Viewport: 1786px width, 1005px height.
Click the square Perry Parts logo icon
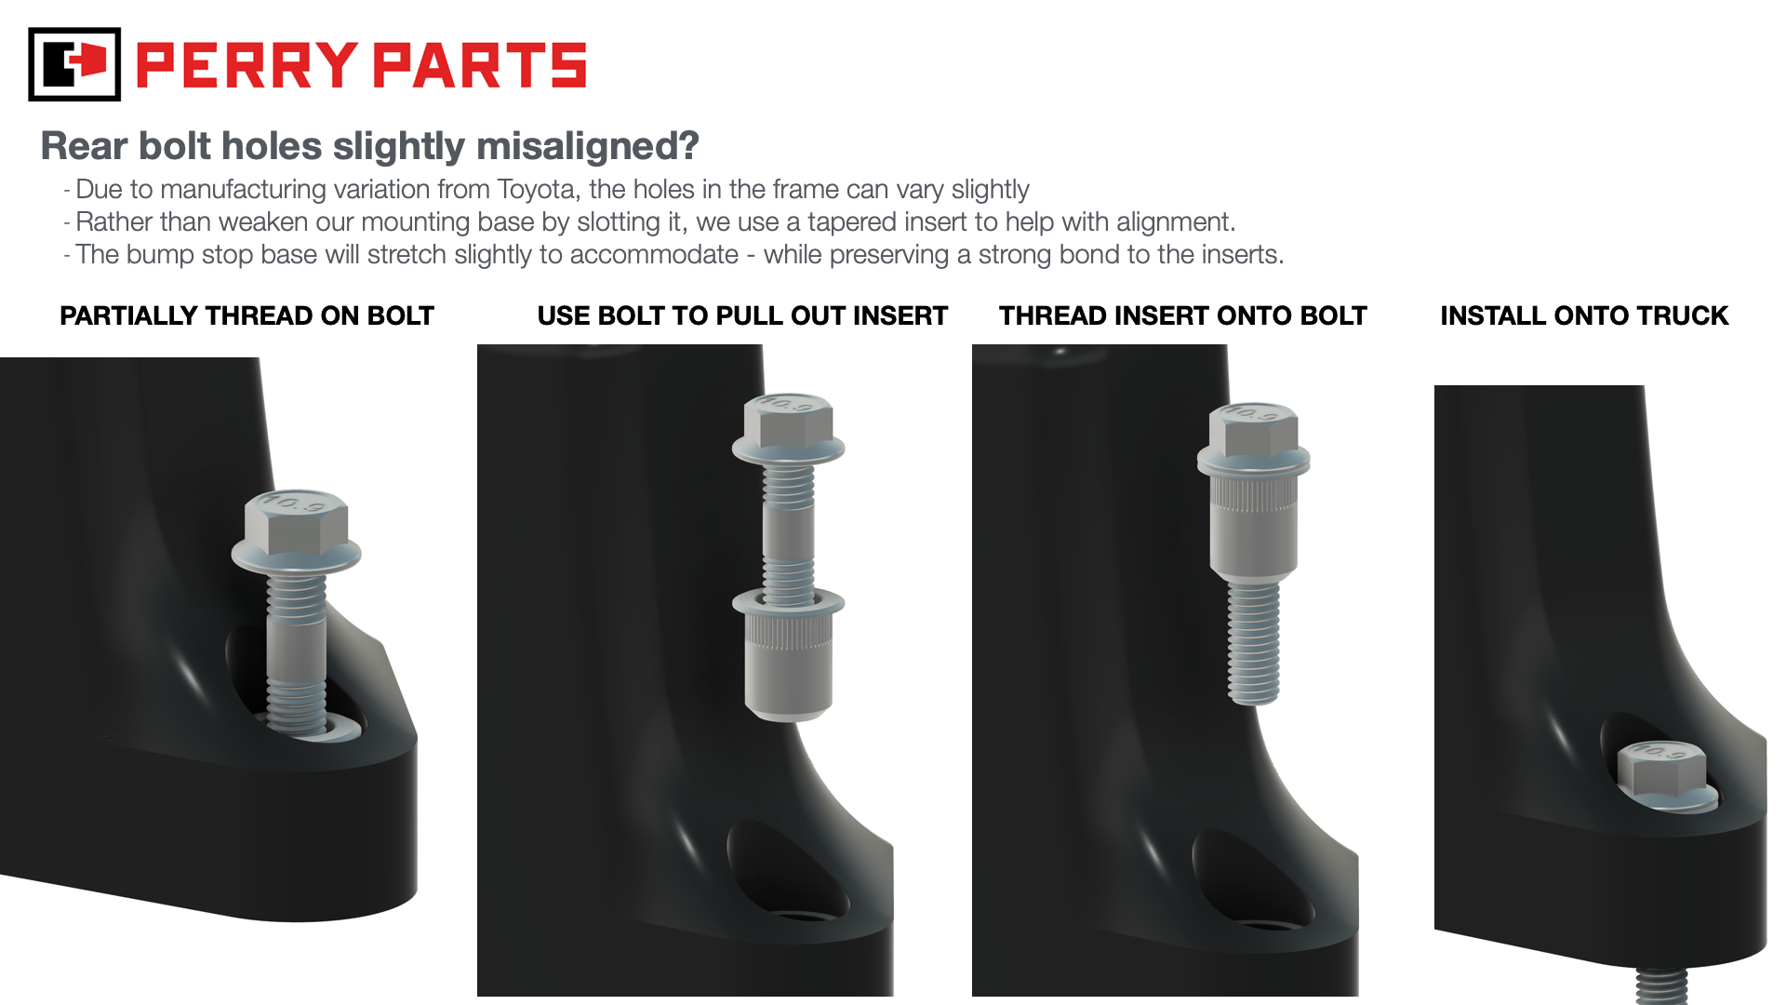74,64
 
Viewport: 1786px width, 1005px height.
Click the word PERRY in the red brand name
247,65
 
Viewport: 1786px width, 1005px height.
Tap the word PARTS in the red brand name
480,65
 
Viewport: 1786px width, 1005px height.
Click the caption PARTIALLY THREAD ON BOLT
247,316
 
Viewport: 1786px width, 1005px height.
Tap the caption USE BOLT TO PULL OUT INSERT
742,316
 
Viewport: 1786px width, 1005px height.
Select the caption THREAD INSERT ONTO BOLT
1183,316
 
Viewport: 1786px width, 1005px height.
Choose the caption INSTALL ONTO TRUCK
1584,316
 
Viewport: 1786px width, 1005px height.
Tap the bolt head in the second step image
788,427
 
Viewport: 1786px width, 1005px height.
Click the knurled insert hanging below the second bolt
788,654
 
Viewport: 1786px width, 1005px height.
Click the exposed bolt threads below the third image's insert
1253,643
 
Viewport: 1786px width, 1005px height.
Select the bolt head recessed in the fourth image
1667,776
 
